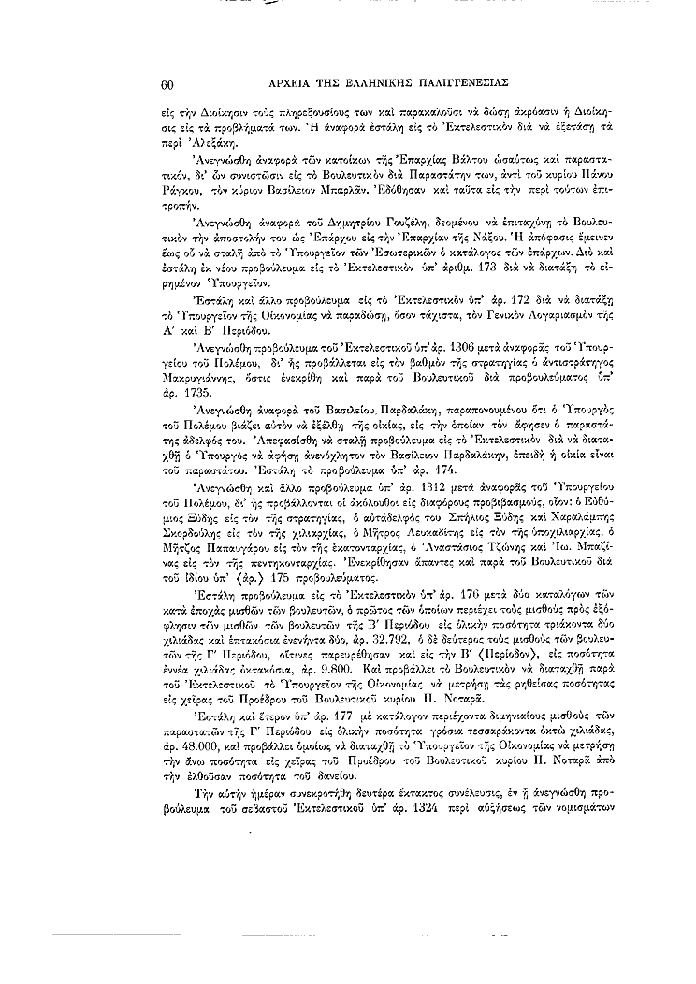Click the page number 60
(x=168, y=85)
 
